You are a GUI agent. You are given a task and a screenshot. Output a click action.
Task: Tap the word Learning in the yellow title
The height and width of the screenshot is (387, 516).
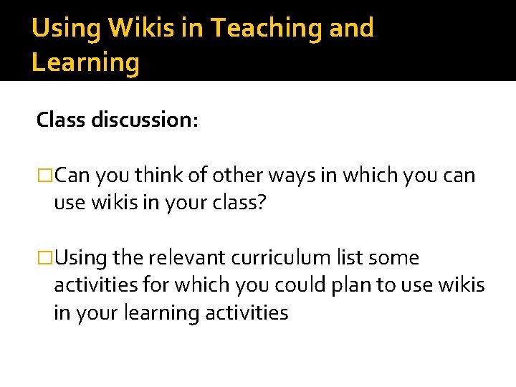pos(85,63)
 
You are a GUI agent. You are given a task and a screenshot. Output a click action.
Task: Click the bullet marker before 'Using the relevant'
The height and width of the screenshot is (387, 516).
pos(44,258)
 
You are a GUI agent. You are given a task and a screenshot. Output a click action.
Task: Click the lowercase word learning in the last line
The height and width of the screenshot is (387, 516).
pos(162,313)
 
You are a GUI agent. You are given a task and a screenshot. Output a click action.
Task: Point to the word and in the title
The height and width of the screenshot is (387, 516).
pos(353,28)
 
